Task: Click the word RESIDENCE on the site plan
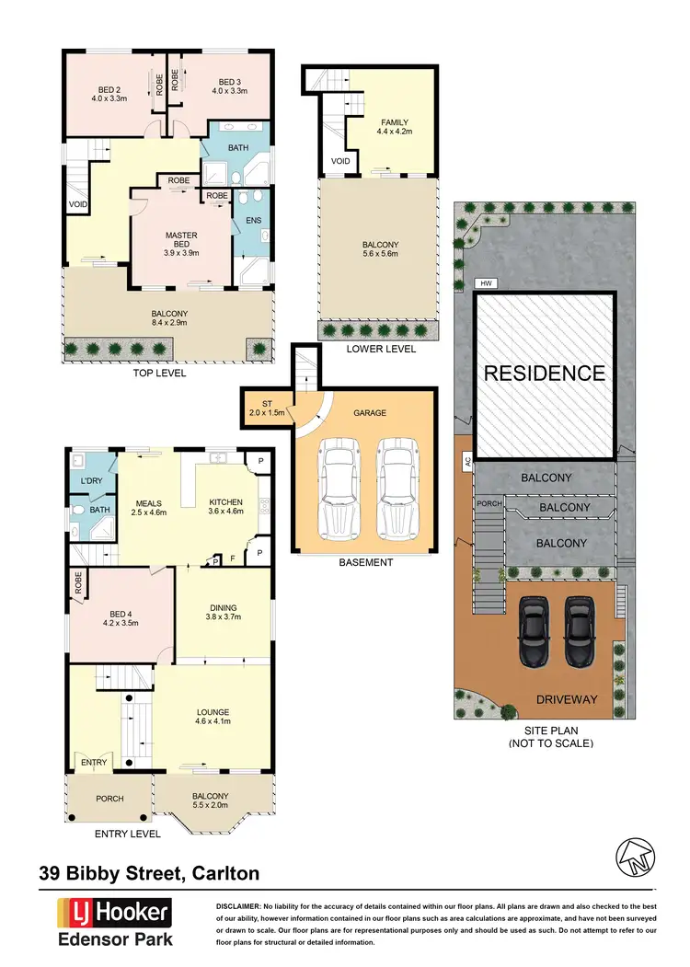545,374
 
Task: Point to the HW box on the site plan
481,283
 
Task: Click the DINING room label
224,608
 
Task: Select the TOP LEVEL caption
160,374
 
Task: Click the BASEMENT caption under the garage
366,562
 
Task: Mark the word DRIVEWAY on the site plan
566,700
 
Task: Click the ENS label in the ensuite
251,221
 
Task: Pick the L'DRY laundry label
90,482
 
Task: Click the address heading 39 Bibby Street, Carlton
150,873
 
